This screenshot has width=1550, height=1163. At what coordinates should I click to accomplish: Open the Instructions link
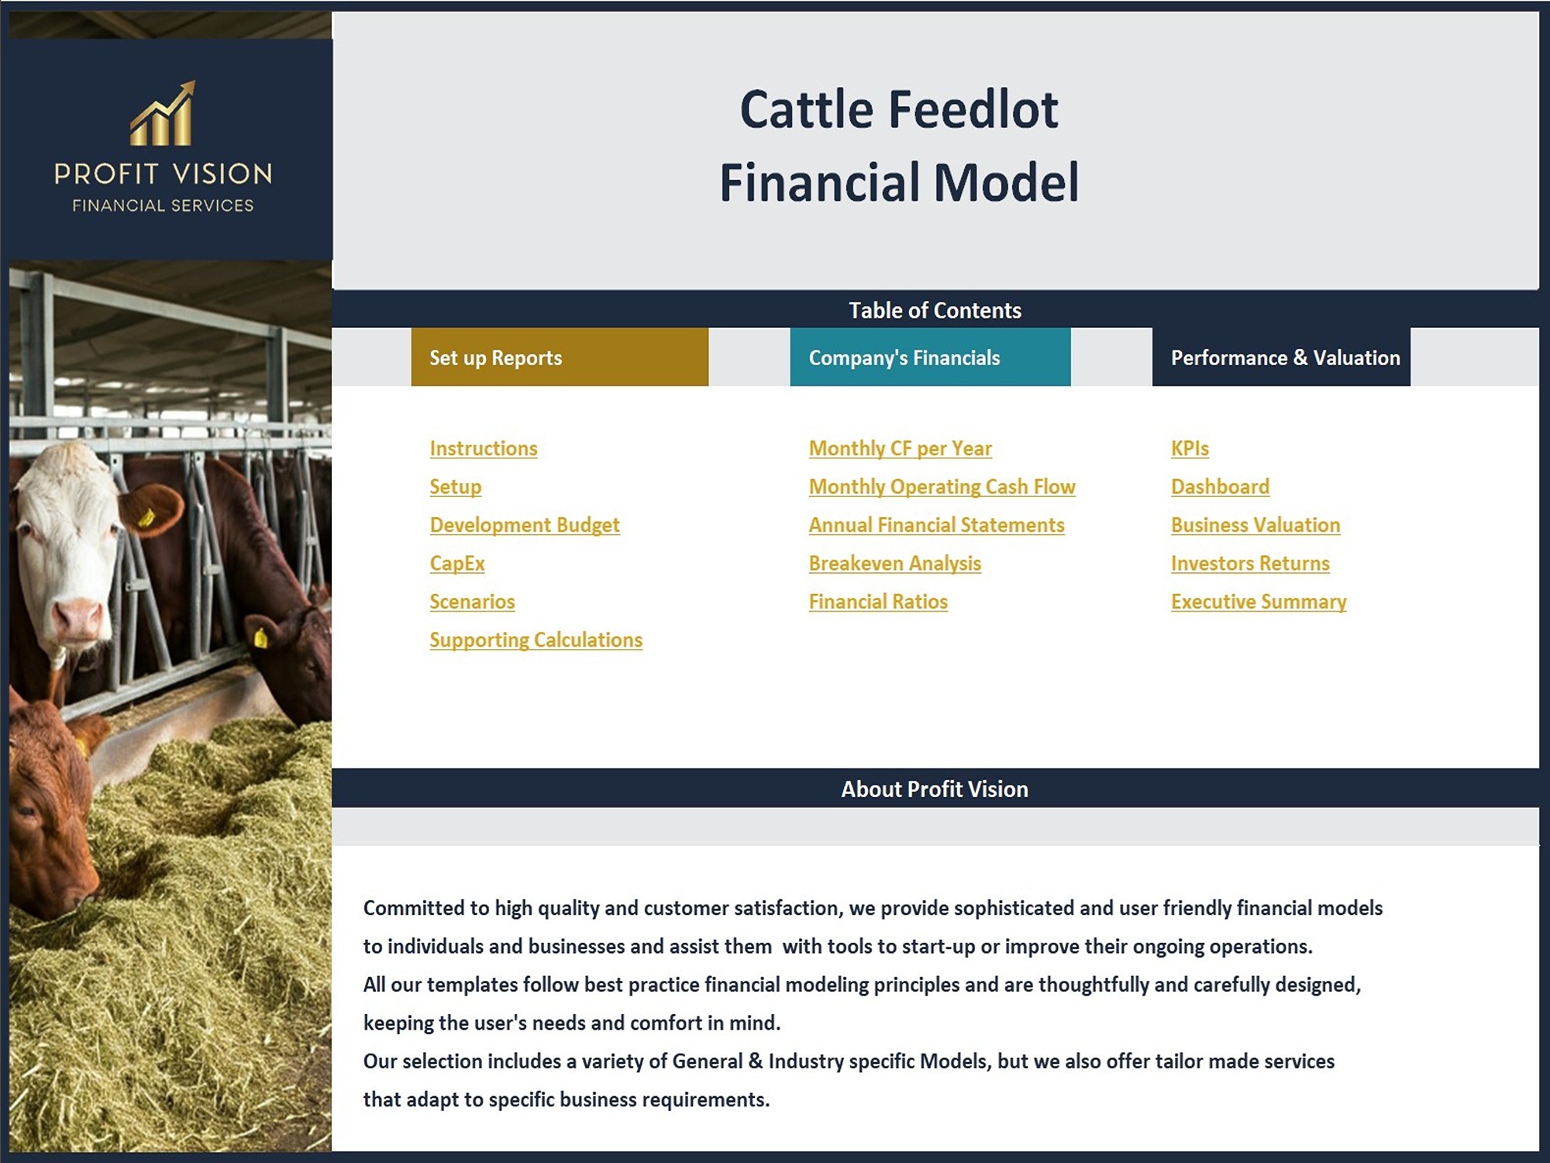click(484, 448)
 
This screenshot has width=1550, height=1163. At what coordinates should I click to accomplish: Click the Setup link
click(456, 487)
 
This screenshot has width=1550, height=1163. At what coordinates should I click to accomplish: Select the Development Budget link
click(525, 525)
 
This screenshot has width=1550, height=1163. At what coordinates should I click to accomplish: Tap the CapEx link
click(457, 564)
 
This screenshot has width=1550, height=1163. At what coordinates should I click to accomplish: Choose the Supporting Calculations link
click(536, 640)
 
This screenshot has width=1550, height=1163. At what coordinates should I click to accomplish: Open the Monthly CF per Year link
click(901, 448)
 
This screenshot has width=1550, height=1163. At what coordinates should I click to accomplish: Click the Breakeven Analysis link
click(895, 564)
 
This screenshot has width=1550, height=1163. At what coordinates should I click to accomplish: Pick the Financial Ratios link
click(878, 602)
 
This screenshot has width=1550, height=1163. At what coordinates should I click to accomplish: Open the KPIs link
click(1190, 448)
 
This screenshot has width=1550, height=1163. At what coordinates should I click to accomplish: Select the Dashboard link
click(1220, 487)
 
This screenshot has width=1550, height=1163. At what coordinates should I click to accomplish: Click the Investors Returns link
click(1250, 564)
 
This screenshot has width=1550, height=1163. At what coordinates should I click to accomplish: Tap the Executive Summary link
click(1259, 602)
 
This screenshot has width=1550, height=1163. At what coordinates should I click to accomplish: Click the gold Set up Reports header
click(560, 357)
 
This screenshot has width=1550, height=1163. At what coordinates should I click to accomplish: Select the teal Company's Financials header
click(930, 357)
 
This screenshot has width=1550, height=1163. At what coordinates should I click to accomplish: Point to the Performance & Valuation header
click(1281, 357)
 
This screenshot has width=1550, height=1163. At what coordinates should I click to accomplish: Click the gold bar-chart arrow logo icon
click(163, 114)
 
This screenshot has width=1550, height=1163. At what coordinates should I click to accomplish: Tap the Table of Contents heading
click(935, 310)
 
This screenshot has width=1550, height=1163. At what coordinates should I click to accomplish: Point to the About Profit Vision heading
click(935, 789)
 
